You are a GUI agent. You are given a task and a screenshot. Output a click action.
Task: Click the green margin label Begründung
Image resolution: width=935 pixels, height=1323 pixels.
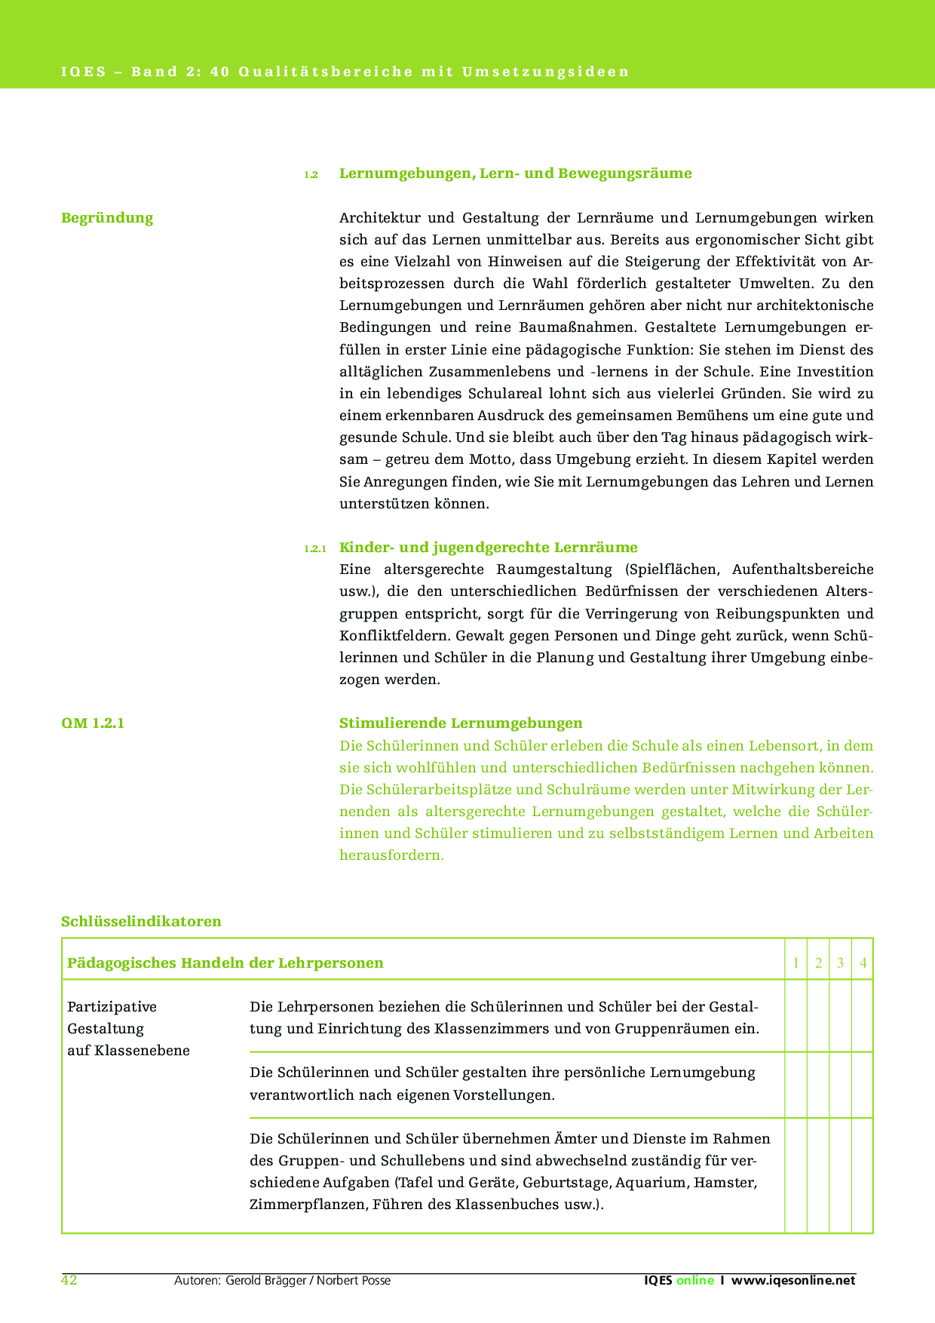(x=107, y=218)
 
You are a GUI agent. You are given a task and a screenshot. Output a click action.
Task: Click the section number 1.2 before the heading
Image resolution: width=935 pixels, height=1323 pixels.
(x=311, y=175)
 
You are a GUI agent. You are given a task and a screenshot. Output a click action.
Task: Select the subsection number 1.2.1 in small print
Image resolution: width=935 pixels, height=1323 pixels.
(x=314, y=549)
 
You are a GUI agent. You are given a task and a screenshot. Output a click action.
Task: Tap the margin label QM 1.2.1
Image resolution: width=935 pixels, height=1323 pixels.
(x=93, y=723)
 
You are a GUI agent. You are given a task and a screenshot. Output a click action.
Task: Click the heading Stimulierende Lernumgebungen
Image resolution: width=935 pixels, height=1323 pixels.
(x=461, y=723)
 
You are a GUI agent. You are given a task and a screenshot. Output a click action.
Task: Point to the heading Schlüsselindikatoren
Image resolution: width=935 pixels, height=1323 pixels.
(x=141, y=921)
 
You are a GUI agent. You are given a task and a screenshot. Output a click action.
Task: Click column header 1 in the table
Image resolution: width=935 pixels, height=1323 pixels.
(x=796, y=963)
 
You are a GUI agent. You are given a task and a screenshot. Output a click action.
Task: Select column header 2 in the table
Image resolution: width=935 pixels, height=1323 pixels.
(x=818, y=963)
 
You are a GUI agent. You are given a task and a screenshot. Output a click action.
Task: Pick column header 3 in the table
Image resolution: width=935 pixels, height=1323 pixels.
(x=840, y=963)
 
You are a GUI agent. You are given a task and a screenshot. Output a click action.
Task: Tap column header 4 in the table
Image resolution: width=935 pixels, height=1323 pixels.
(x=863, y=963)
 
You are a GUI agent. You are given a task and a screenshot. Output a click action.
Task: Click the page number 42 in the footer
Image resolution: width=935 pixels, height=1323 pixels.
(x=69, y=1280)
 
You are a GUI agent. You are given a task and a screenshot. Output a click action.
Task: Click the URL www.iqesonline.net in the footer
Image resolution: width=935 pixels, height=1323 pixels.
(x=793, y=1281)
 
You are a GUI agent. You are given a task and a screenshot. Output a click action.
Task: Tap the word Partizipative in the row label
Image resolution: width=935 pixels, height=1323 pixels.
(x=112, y=1007)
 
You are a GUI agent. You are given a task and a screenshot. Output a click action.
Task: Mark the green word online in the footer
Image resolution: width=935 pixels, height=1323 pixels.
(x=694, y=1281)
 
